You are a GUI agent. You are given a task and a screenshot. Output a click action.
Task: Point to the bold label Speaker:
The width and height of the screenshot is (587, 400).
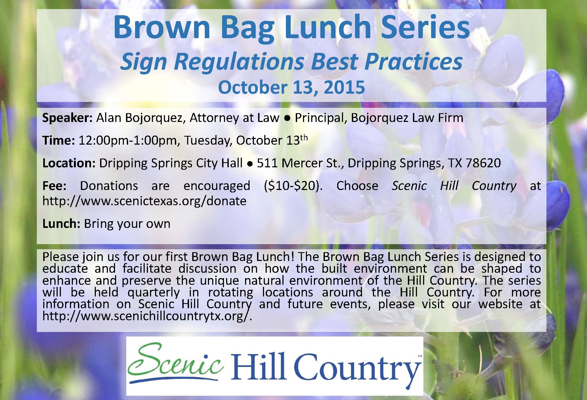point(68,118)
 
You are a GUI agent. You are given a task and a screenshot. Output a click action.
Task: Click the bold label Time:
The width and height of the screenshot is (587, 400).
point(59,140)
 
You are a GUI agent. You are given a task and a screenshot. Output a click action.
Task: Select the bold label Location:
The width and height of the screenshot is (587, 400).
point(69,163)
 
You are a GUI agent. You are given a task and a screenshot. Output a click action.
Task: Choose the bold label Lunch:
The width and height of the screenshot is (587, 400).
point(61,224)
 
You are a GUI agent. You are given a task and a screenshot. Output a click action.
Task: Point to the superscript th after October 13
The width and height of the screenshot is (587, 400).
point(304,138)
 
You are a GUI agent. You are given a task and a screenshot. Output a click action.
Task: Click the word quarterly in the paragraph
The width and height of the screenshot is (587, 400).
point(153,292)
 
